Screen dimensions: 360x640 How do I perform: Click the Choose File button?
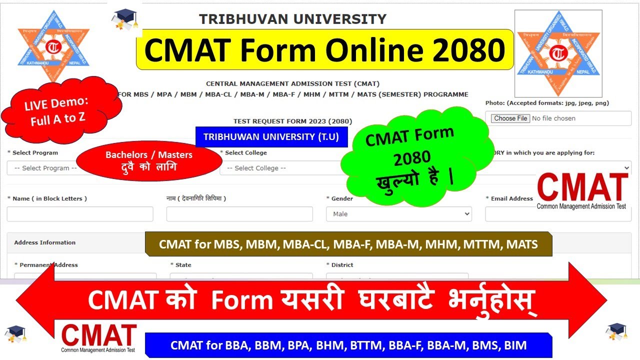tap(510, 118)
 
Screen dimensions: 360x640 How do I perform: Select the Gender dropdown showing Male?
tap(398, 214)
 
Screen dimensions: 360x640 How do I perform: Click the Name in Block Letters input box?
tap(80, 214)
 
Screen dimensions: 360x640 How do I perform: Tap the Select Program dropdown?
tap(42, 168)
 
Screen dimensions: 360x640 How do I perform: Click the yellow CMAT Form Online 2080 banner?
tap(324, 49)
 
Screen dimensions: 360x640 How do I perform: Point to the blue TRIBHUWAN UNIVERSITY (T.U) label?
tap(271, 137)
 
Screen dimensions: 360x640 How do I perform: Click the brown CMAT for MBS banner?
tap(348, 244)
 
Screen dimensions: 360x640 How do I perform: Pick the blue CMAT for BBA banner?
tap(348, 345)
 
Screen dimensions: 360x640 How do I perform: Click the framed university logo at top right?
tap(558, 53)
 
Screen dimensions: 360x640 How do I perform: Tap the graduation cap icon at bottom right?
tap(616, 332)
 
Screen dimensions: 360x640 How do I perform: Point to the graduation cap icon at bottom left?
tap(15, 333)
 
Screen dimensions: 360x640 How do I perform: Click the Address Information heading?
tap(45, 242)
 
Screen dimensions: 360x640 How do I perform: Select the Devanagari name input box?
tap(239, 214)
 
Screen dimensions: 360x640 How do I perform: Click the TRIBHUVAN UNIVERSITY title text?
tap(292, 19)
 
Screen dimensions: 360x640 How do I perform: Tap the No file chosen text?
tap(553, 118)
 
